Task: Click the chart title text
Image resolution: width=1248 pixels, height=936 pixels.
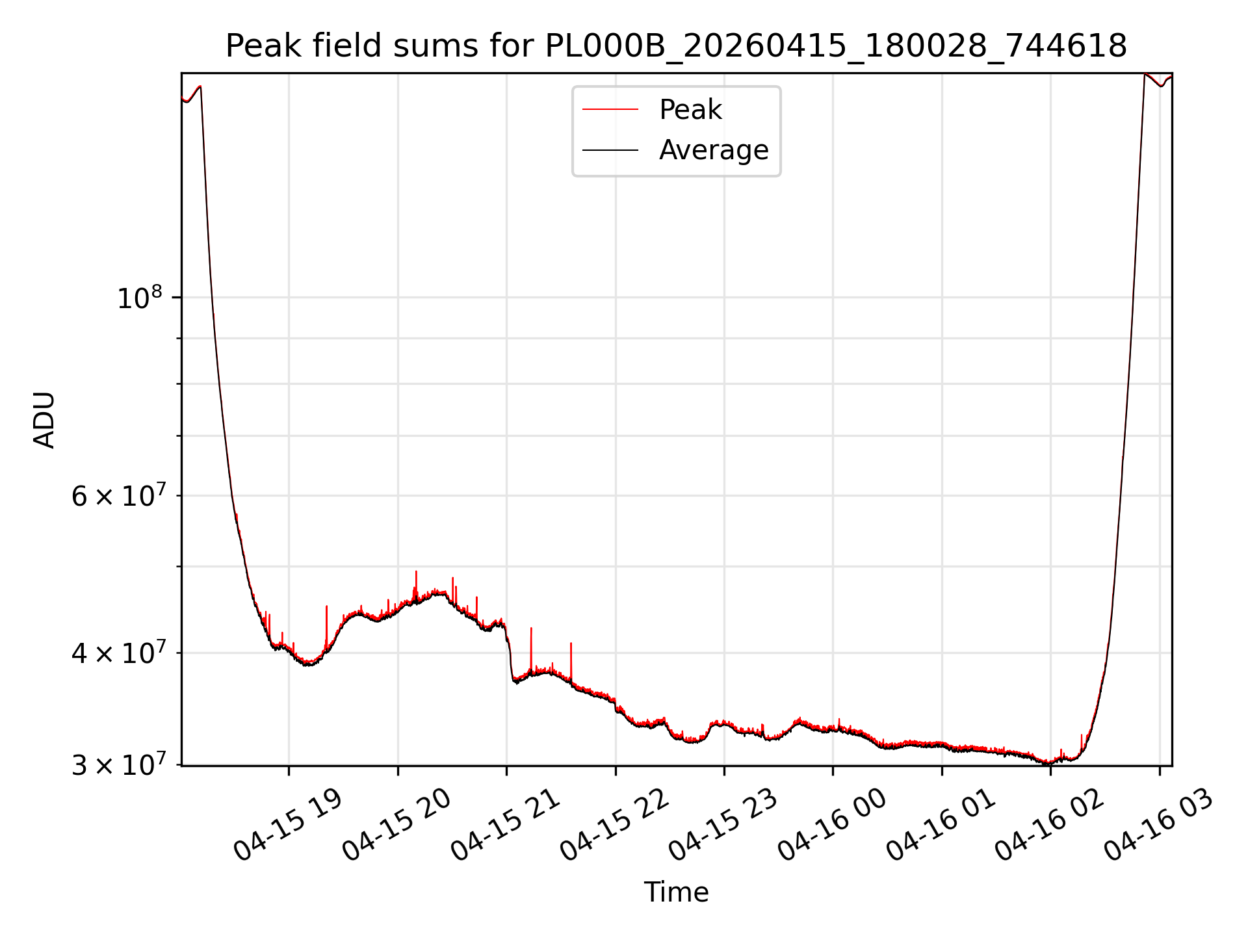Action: coord(676,46)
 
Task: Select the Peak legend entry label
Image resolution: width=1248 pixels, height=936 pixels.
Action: coord(690,110)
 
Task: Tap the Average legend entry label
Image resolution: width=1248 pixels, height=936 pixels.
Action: coord(714,150)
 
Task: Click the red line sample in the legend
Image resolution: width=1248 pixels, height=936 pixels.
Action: coord(610,110)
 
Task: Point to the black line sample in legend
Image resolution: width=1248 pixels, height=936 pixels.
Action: coord(610,150)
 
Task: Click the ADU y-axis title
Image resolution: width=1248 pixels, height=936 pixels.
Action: coord(44,419)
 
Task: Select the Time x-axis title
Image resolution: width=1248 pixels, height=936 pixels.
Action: coord(676,892)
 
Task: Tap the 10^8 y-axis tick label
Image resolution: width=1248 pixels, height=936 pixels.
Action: coord(140,297)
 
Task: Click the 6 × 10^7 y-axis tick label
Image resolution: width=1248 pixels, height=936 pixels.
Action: coord(119,495)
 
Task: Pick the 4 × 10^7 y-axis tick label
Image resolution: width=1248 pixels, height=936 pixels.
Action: coord(119,653)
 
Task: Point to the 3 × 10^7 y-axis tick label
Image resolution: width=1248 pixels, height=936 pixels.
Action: coord(119,765)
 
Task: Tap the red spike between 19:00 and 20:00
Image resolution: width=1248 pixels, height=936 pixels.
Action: coord(326,627)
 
